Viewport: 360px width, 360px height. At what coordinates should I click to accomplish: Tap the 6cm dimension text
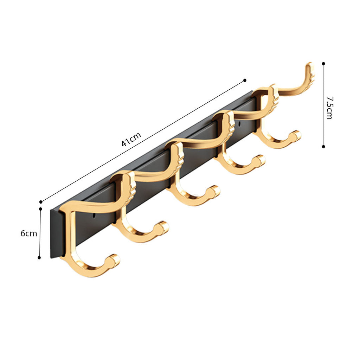click(28, 233)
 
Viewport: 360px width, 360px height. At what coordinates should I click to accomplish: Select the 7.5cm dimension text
click(329, 108)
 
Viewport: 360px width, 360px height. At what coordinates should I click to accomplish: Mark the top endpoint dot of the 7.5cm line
click(323, 64)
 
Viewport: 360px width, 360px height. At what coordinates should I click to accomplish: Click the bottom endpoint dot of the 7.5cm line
click(323, 147)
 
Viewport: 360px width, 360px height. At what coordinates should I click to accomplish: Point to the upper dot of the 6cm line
click(40, 209)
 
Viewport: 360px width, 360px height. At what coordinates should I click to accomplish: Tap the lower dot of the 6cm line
click(39, 258)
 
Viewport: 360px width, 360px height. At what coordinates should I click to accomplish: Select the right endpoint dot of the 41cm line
click(245, 81)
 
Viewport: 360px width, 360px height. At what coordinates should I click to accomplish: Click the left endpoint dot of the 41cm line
click(41, 202)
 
